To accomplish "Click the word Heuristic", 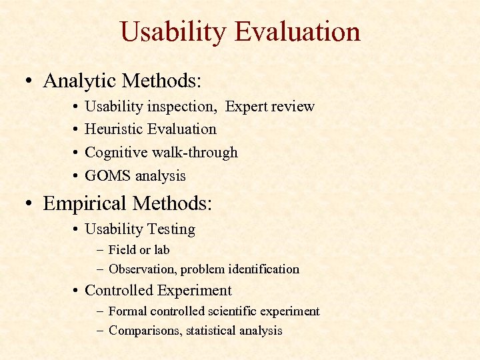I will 114,129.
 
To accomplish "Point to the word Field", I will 122,250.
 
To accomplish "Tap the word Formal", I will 127,311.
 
